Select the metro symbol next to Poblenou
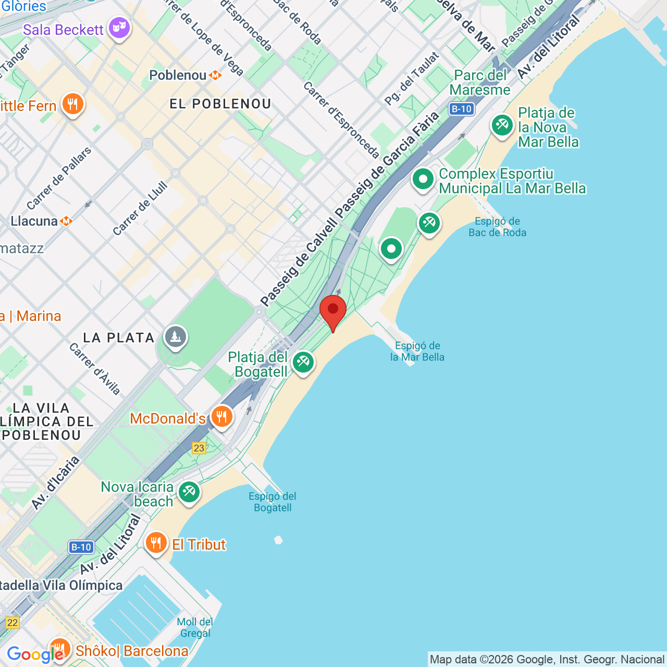click(215, 76)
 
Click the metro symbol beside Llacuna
click(66, 221)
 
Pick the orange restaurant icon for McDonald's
click(222, 417)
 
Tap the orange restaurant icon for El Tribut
click(156, 543)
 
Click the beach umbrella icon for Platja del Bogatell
click(303, 362)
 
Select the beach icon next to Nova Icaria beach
click(189, 491)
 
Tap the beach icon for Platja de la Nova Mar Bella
click(502, 125)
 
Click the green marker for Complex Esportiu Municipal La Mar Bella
click(423, 179)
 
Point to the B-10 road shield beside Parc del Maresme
click(462, 109)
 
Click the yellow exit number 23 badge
click(199, 448)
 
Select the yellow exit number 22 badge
click(12, 622)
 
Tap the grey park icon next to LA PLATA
click(176, 337)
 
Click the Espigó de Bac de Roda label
click(497, 227)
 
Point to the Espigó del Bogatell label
click(273, 502)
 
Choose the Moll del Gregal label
click(195, 627)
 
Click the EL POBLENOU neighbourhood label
click(220, 104)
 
